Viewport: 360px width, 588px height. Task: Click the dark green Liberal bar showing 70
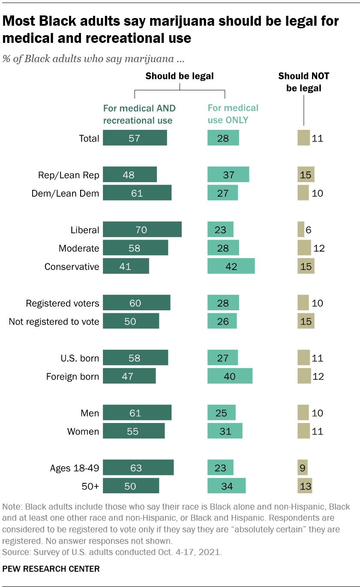(x=142, y=230)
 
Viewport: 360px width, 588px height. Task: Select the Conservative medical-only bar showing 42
(x=231, y=266)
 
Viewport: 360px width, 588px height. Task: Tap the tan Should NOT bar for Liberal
(x=300, y=230)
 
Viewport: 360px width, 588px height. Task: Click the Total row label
(x=89, y=138)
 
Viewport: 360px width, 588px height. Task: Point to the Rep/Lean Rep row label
(x=68, y=175)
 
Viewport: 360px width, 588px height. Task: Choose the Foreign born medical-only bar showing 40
(x=230, y=376)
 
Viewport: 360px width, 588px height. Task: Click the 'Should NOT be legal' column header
(x=303, y=82)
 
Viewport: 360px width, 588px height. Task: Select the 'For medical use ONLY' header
(x=233, y=114)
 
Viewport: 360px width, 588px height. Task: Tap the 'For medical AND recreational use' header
(x=139, y=114)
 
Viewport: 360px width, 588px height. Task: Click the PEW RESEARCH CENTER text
(x=51, y=569)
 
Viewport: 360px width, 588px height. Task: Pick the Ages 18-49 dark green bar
(x=138, y=468)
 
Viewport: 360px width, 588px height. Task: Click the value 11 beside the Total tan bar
(x=318, y=138)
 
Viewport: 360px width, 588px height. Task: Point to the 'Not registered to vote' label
(x=54, y=321)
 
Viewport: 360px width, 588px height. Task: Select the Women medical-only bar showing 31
(x=225, y=431)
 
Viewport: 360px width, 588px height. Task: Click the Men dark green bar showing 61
(x=137, y=413)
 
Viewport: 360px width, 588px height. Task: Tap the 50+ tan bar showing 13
(x=305, y=486)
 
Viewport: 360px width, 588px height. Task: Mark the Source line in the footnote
(x=112, y=552)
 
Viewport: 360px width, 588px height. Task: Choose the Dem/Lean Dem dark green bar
(x=137, y=193)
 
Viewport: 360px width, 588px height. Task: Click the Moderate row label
(x=79, y=248)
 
